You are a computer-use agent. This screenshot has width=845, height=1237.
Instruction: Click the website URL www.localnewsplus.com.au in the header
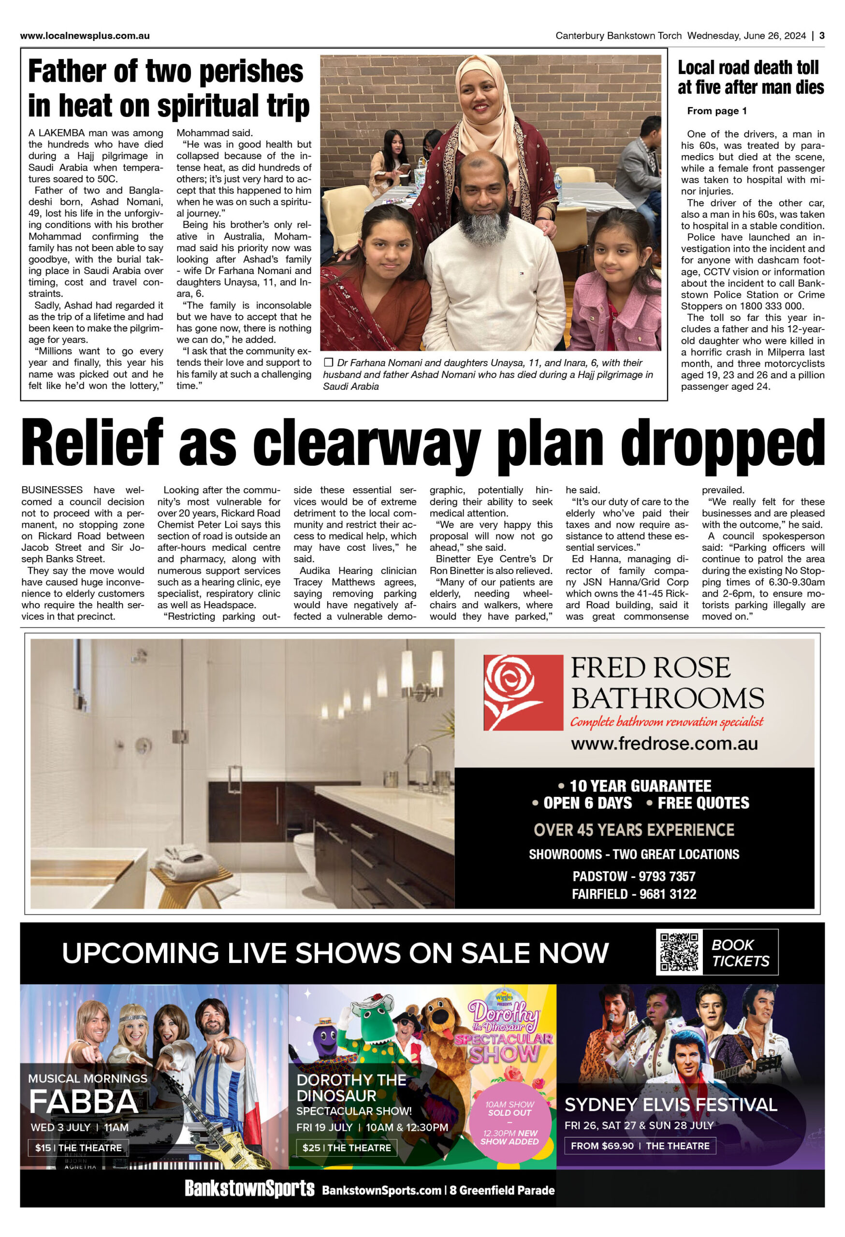click(x=85, y=36)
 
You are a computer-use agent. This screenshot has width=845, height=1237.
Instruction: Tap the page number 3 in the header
click(x=822, y=36)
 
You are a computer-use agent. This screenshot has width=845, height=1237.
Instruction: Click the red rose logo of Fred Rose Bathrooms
click(x=523, y=692)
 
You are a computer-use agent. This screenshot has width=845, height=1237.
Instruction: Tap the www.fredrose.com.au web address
click(x=664, y=744)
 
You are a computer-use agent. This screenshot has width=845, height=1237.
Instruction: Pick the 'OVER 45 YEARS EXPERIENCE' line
click(x=634, y=830)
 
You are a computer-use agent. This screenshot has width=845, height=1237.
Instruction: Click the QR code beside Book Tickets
click(x=678, y=952)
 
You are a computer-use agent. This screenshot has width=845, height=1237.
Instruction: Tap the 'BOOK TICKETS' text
click(x=740, y=953)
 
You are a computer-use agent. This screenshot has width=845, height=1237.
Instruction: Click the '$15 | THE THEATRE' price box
click(x=78, y=1148)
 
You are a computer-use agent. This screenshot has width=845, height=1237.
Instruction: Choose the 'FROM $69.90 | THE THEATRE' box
click(x=640, y=1146)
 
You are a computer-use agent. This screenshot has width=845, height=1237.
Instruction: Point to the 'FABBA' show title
click(x=83, y=1102)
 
